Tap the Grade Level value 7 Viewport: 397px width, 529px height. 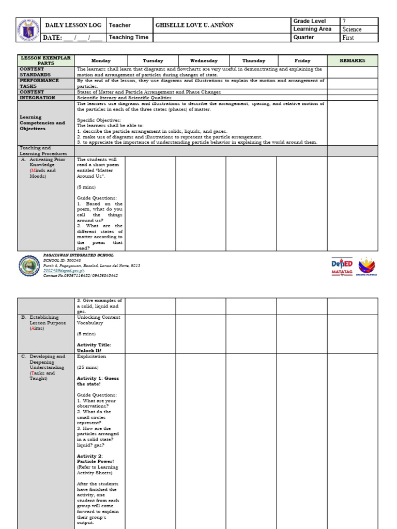tap(344, 21)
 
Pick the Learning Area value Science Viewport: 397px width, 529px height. tap(352, 29)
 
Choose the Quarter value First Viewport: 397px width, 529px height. tap(348, 38)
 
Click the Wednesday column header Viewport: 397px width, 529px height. tap(204, 60)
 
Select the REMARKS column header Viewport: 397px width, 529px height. tap(352, 60)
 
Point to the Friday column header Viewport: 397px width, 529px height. tap(302, 60)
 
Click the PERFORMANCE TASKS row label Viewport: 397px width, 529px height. tap(39, 83)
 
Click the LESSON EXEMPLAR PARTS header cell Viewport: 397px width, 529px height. tap(45, 60)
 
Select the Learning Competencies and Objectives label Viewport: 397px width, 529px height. tap(42, 123)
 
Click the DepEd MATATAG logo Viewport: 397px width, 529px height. tap(342, 267)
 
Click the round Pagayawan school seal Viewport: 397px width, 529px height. tap(28, 266)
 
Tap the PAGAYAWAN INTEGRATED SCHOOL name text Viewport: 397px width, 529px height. tap(78, 255)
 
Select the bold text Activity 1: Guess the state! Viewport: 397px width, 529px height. tap(98, 381)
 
